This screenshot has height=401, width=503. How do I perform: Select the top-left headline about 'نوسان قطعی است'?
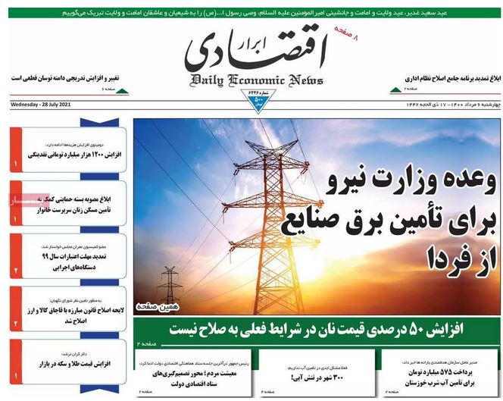[x=59, y=78]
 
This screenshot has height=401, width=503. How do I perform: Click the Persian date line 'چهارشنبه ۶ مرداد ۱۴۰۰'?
[x=447, y=104]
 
